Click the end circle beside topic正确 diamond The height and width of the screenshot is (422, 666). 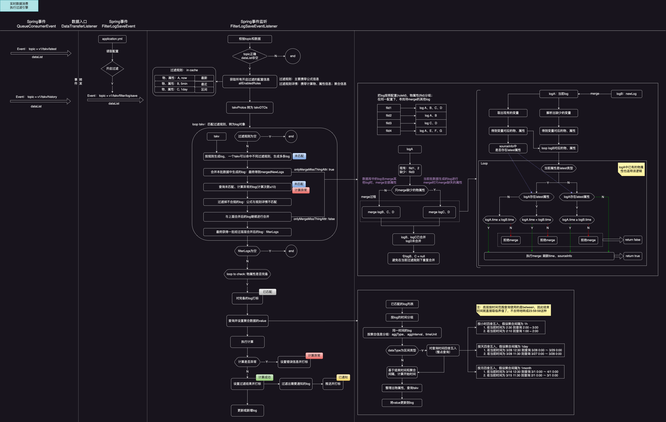(x=292, y=56)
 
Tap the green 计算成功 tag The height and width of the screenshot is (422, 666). (x=264, y=377)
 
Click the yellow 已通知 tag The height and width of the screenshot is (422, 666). (x=343, y=377)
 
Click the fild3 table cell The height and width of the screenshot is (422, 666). (x=389, y=123)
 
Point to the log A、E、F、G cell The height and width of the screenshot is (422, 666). (x=431, y=131)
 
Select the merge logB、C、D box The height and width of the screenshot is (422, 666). (x=381, y=212)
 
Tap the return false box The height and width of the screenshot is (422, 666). (x=633, y=240)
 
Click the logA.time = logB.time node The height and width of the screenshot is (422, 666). (x=536, y=220)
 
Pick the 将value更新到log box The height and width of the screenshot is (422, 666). (x=402, y=403)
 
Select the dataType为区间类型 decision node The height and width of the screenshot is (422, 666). (x=402, y=350)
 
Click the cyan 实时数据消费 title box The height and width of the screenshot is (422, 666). (x=19, y=6)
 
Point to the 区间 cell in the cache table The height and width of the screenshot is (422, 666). (x=204, y=89)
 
